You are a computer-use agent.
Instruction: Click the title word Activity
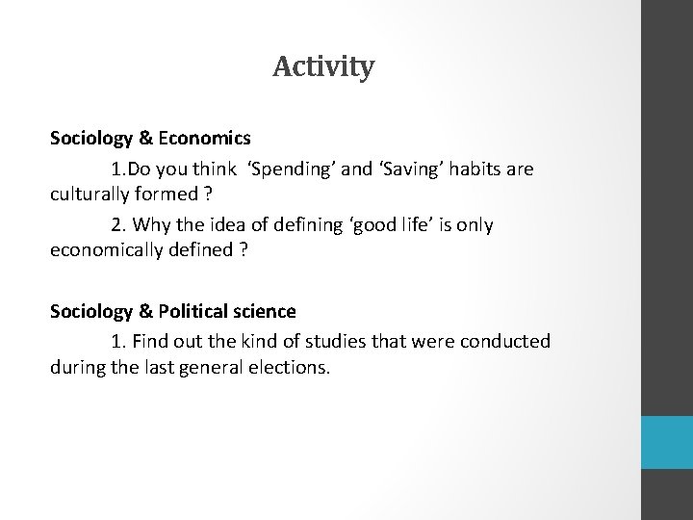pyautogui.click(x=323, y=67)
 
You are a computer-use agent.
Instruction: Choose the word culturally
pyautogui.click(x=92, y=193)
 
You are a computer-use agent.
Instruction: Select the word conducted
pyautogui.click(x=511, y=342)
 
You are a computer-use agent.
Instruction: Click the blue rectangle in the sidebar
pyautogui.click(x=668, y=443)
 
